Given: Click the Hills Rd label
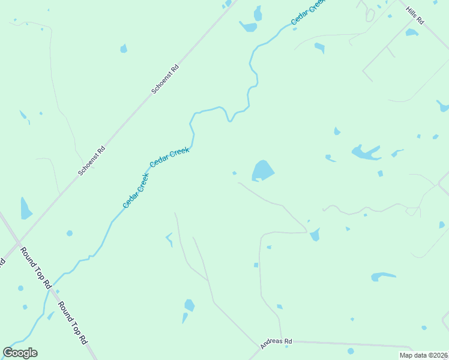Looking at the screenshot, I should pos(414,16).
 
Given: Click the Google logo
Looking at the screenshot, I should pos(20,353).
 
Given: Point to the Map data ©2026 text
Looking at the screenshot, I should pos(423,355).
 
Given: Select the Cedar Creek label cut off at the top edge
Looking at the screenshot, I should pos(308,11).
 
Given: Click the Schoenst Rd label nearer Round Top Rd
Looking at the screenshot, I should pos(92,161).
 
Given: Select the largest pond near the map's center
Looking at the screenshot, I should pos(262,170).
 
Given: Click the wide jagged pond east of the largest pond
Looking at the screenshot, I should pos(366,152).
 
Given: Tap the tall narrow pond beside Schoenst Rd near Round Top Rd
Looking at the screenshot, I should pos(25,209).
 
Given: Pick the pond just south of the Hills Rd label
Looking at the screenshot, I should pos(411,32).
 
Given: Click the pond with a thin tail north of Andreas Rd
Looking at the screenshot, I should pos(188,307).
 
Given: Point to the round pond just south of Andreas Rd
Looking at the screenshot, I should pos(351,351).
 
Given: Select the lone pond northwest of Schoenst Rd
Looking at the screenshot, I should pos(124,49).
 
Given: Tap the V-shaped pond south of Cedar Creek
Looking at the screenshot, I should pos(169,239).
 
